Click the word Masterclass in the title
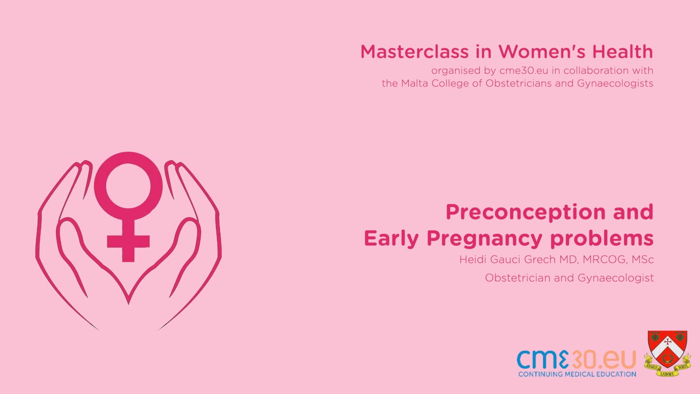tap(414, 52)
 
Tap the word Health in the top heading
tap(622, 52)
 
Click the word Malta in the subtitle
tap(415, 84)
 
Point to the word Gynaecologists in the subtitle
tap(615, 84)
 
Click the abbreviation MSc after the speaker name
tap(643, 259)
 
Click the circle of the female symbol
tap(128, 186)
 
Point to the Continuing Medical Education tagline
tap(577, 374)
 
